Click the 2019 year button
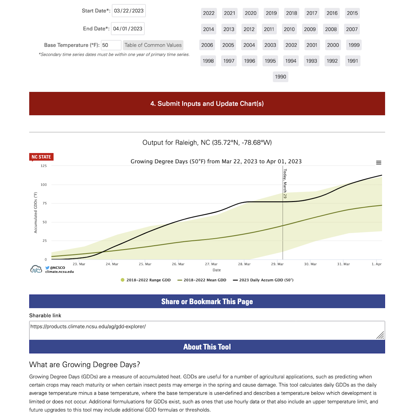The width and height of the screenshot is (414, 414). click(x=271, y=13)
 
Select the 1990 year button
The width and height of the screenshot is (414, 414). click(x=280, y=77)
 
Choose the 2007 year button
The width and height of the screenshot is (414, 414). click(x=352, y=29)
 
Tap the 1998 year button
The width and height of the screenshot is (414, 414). click(x=208, y=61)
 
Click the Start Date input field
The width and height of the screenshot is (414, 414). click(x=129, y=11)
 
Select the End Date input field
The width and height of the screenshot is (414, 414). click(x=128, y=29)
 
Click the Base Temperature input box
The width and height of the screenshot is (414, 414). click(x=111, y=45)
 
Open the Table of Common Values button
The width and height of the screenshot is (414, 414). click(x=153, y=45)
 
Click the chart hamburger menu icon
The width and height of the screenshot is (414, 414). click(x=379, y=163)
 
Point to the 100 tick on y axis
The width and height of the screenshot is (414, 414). click(x=44, y=185)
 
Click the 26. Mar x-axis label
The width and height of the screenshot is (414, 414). click(x=178, y=264)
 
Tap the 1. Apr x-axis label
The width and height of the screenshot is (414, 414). click(x=376, y=264)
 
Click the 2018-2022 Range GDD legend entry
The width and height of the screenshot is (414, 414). click(x=145, y=280)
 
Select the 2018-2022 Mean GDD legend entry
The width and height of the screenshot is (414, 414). click(x=202, y=280)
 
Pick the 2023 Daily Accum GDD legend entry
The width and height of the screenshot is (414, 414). click(x=263, y=280)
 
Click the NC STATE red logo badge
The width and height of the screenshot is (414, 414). click(x=41, y=157)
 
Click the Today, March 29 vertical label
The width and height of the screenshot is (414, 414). click(x=285, y=183)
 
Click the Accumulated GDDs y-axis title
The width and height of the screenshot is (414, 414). click(x=36, y=213)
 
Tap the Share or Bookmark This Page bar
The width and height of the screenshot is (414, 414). click(x=207, y=302)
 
